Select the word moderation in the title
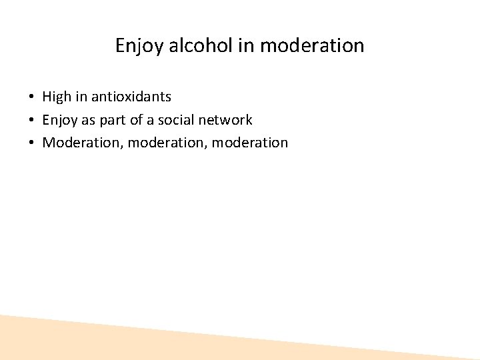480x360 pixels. click(312, 46)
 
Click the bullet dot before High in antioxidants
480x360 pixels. click(32, 97)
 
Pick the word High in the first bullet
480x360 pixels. click(57, 97)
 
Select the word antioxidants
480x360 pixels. click(131, 97)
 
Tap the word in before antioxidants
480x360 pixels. click(81, 97)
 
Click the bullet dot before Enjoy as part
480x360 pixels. click(32, 121)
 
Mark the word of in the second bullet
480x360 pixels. click(136, 120)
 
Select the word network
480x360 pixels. click(227, 120)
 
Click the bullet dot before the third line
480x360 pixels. click(32, 143)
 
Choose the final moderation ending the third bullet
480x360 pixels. click(253, 143)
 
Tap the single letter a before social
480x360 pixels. click(150, 121)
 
